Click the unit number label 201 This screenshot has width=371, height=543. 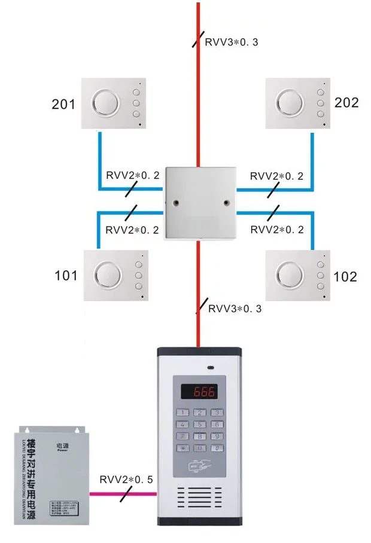click(63, 105)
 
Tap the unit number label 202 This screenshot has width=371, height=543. click(346, 102)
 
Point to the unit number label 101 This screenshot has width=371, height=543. click(66, 276)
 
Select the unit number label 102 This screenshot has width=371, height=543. click(345, 276)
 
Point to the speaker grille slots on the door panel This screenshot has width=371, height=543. click(199, 496)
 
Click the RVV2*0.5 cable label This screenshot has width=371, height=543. click(126, 480)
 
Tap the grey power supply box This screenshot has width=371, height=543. click(53, 472)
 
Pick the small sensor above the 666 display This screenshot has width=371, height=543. click(210, 367)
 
